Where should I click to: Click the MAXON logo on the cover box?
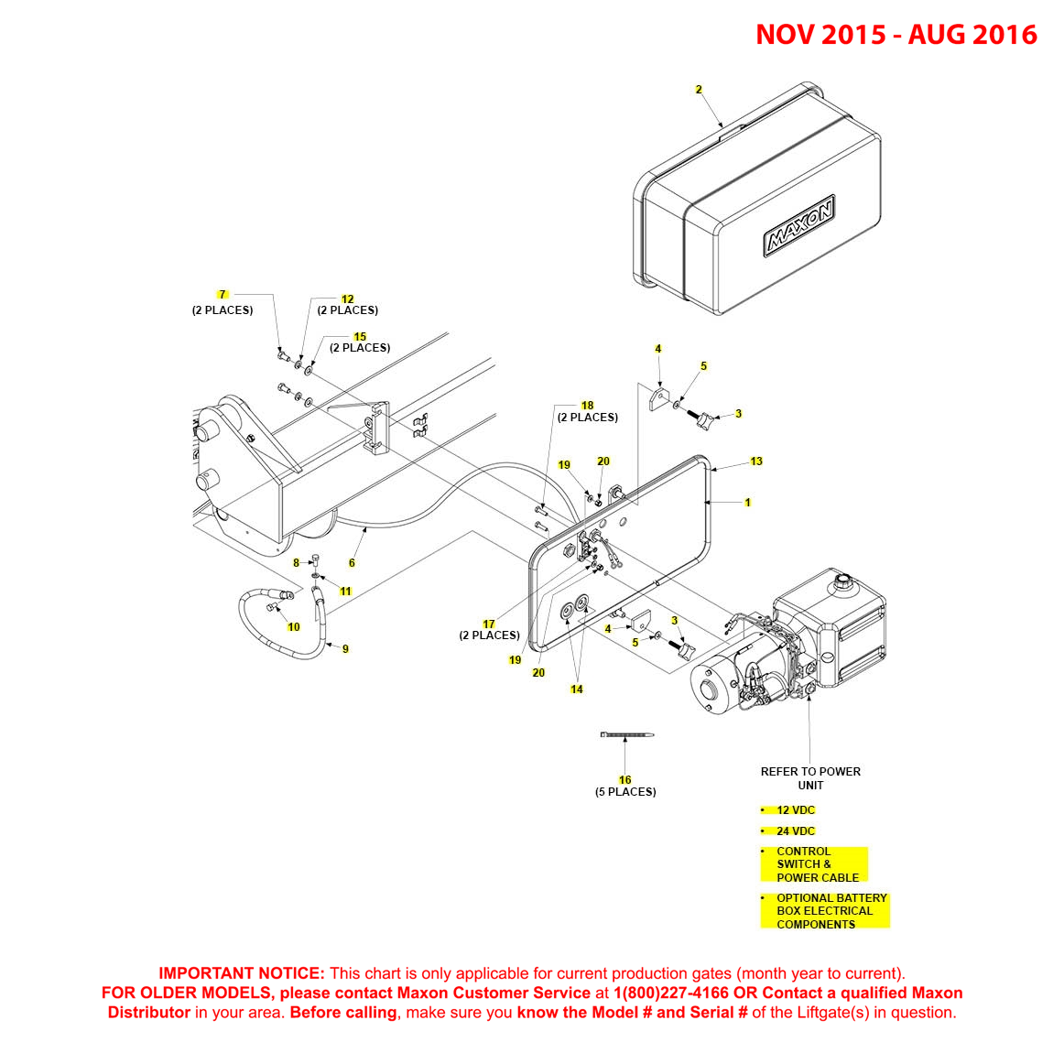click(799, 225)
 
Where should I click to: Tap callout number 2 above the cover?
click(699, 90)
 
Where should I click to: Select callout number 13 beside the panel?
click(756, 461)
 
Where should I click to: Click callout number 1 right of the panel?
click(748, 503)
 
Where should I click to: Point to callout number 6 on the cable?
click(352, 563)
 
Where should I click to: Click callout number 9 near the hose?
click(345, 649)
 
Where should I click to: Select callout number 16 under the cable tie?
click(624, 780)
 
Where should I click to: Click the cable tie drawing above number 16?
click(627, 734)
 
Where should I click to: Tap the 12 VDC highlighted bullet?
click(795, 809)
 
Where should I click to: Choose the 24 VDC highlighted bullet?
click(795, 831)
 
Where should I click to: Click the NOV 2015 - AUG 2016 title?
click(896, 34)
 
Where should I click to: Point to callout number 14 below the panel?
click(577, 689)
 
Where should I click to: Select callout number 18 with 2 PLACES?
click(588, 406)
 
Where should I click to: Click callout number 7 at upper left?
click(222, 295)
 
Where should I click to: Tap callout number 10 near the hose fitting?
click(294, 627)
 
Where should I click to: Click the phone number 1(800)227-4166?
click(670, 993)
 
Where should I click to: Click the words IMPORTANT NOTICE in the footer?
click(242, 973)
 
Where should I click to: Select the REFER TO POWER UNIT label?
click(810, 778)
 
